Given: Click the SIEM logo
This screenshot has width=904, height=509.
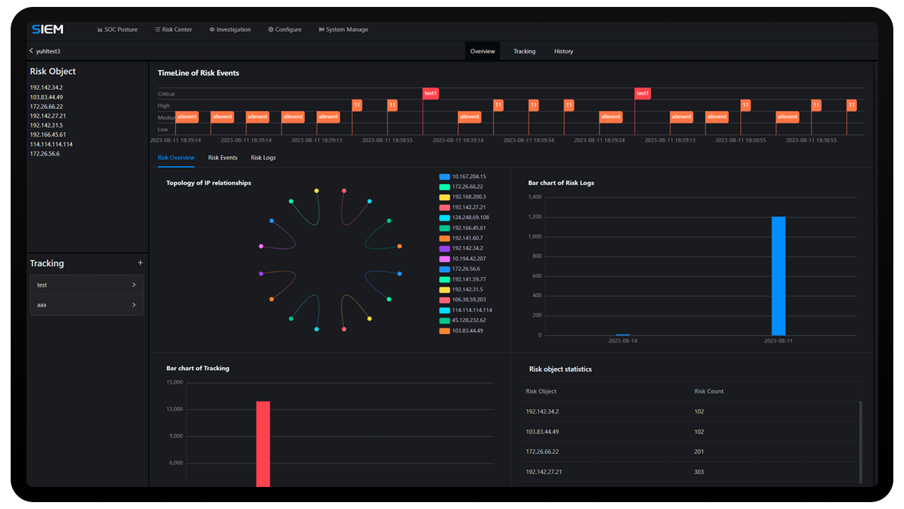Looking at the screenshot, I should click(48, 30).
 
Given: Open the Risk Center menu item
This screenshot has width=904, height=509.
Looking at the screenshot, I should click(174, 30).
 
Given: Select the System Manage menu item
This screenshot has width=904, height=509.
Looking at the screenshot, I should click(343, 30).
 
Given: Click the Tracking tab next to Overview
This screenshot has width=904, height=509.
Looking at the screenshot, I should click(524, 52).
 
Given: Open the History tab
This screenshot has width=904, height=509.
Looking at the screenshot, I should click(563, 52).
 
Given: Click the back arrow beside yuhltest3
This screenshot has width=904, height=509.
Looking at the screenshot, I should click(31, 51).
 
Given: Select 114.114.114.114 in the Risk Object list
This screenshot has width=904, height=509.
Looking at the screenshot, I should click(51, 145).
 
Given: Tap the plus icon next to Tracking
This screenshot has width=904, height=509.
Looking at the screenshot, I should click(140, 263).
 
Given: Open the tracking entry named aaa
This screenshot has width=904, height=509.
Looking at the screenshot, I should click(87, 305).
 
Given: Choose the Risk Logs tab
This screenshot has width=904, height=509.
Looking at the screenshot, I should click(263, 158).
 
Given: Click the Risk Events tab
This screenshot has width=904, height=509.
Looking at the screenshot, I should click(223, 158).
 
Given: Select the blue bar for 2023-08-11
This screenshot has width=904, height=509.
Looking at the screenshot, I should click(778, 276).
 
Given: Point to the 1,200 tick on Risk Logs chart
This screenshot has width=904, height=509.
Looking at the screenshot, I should click(535, 217).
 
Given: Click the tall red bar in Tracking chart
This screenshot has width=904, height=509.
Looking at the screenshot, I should click(263, 444).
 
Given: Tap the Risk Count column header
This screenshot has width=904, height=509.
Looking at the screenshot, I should click(709, 391).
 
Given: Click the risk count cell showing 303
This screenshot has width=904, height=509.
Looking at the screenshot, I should click(699, 472).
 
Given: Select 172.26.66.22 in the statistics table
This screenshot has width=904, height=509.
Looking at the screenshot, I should click(542, 452).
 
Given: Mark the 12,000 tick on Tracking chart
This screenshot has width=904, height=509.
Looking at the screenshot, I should click(175, 409).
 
